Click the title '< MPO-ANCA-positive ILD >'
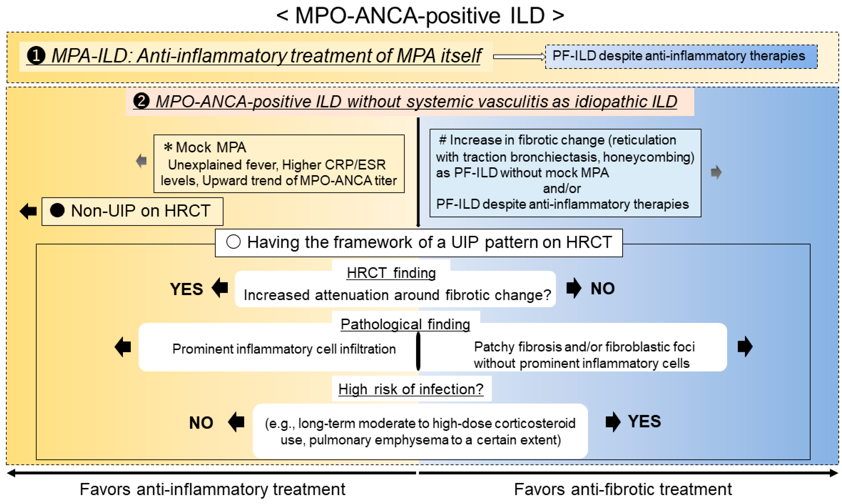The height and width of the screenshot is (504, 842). click(x=420, y=16)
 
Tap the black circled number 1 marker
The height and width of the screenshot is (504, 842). click(x=36, y=56)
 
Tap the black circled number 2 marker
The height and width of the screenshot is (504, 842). click(x=141, y=101)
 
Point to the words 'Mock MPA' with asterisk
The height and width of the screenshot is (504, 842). click(x=206, y=147)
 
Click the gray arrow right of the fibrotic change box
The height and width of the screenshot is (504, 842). click(x=716, y=172)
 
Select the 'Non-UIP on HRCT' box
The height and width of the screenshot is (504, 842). click(x=132, y=211)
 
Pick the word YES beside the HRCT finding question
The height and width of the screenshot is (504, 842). click(x=186, y=289)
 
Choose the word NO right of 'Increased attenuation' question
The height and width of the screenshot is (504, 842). click(x=602, y=288)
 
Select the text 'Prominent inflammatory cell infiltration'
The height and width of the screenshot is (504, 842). click(x=284, y=349)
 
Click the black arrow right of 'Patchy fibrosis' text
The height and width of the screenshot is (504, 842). click(x=745, y=347)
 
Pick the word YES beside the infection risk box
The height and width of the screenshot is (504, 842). click(x=644, y=422)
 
